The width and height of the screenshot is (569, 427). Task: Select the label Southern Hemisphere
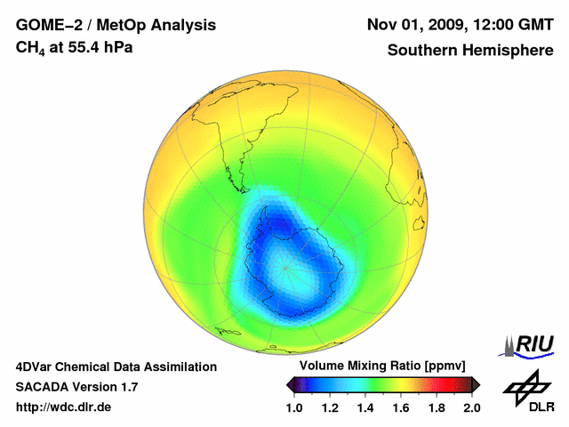pyautogui.click(x=469, y=51)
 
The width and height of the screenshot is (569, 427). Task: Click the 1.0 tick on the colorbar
pyautogui.click(x=294, y=407)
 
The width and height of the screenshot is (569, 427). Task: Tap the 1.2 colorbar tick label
pyautogui.click(x=330, y=407)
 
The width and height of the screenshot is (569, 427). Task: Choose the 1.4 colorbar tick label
pyautogui.click(x=365, y=407)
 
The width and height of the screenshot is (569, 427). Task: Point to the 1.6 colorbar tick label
pyautogui.click(x=401, y=407)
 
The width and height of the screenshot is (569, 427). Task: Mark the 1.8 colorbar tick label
pyautogui.click(x=437, y=407)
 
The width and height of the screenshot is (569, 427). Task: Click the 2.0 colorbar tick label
pyautogui.click(x=471, y=407)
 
